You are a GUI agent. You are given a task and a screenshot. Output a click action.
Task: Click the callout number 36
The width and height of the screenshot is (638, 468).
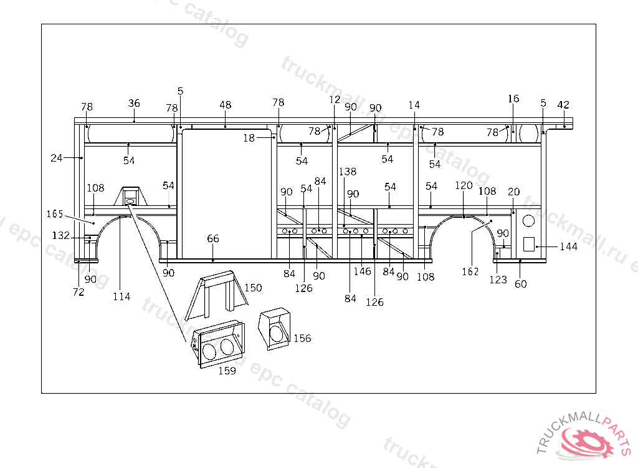[x=134, y=104]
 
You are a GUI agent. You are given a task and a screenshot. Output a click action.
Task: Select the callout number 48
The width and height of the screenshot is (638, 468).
[x=226, y=105]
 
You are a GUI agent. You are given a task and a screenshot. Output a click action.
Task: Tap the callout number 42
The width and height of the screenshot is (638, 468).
[x=563, y=105]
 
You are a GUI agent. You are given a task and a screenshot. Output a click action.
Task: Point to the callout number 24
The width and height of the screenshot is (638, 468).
[x=56, y=158]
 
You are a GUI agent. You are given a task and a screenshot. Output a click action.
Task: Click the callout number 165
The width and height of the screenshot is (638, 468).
[x=55, y=214]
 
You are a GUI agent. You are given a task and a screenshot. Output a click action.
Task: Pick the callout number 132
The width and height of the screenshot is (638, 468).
[x=60, y=236]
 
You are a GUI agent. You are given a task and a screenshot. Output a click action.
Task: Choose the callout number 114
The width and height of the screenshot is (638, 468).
[x=121, y=296]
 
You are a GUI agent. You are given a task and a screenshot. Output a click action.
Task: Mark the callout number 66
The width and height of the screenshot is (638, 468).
[x=213, y=238]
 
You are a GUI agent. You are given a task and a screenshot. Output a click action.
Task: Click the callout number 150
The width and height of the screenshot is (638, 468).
[x=253, y=288]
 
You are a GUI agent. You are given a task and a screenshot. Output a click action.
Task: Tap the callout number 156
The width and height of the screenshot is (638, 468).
[x=302, y=338]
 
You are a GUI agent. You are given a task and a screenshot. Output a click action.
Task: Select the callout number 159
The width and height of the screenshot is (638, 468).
[x=227, y=371]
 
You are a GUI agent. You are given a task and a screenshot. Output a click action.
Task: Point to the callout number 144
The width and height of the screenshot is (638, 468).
[x=568, y=246]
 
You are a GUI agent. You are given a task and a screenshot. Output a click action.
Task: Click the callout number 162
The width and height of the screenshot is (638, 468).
[x=470, y=271]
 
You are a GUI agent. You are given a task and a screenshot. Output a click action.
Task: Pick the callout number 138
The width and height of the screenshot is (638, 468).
[x=348, y=172]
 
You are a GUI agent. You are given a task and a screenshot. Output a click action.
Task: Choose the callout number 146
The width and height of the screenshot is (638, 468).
[x=362, y=271]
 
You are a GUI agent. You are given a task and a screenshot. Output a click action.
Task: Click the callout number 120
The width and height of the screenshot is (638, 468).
[x=464, y=186]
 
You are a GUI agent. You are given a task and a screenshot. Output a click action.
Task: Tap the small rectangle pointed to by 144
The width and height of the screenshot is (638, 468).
[x=529, y=244]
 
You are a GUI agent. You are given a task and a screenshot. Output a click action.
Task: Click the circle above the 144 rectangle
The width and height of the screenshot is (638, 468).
[x=528, y=221]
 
